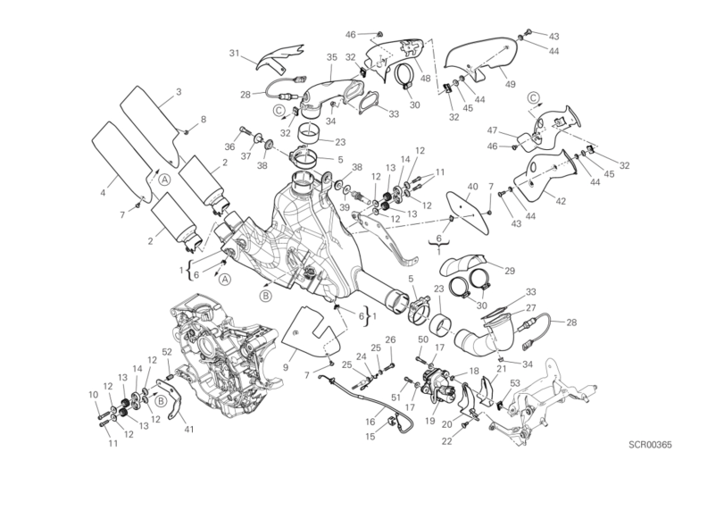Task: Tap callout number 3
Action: [179, 92]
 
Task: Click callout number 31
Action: [235, 54]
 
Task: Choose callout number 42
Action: [560, 201]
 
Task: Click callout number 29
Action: [509, 271]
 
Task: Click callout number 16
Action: [370, 421]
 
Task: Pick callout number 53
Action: [515, 383]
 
